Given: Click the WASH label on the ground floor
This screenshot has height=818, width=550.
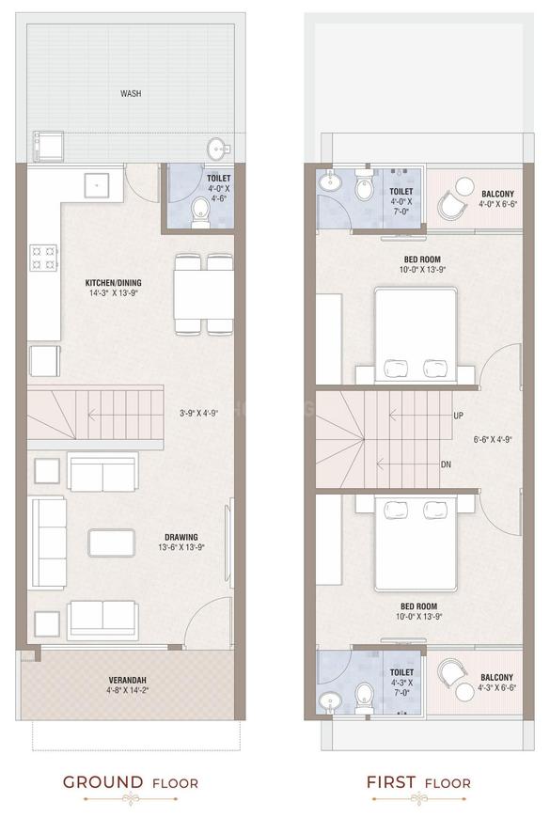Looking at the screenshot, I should (x=131, y=93).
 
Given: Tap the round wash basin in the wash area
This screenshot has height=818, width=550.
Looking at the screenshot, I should (x=217, y=149).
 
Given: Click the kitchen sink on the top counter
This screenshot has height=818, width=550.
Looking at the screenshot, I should (x=96, y=185).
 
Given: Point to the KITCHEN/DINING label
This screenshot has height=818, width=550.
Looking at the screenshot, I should (x=113, y=287).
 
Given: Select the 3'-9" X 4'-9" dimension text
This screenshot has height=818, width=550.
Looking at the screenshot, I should (x=198, y=413).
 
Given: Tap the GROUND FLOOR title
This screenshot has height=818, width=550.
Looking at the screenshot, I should (x=131, y=781).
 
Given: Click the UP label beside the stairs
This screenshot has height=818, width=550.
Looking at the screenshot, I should (x=458, y=415).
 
